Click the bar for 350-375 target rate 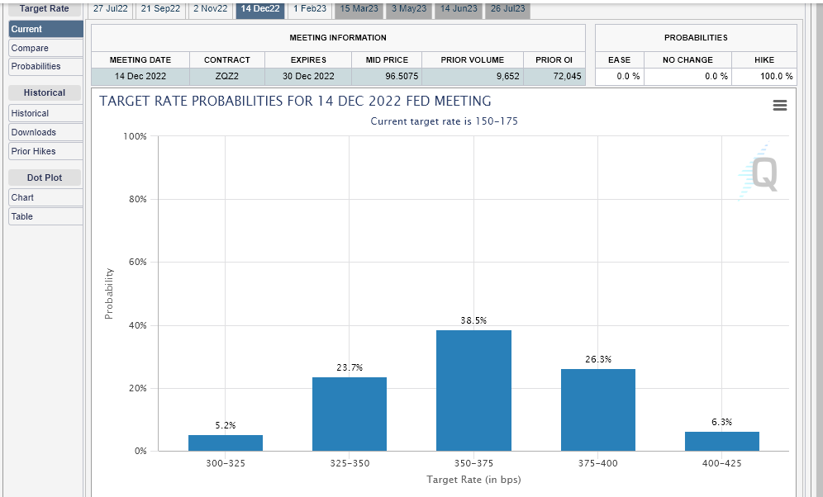point(473,390)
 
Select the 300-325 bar point(226,443)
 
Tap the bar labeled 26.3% point(597,410)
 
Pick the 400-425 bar point(721,442)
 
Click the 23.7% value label point(350,367)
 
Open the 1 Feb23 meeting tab point(310,9)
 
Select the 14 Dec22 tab point(260,9)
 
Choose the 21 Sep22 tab point(160,9)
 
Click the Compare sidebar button point(45,48)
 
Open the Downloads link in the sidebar point(45,132)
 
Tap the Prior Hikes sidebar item point(45,151)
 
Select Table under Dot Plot point(45,216)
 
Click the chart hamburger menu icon point(780,106)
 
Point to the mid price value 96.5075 point(402,76)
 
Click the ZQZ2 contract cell point(226,76)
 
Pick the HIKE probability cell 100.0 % point(776,76)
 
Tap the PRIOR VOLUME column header point(473,59)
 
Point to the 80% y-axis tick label point(137,199)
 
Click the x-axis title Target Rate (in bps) point(473,479)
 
